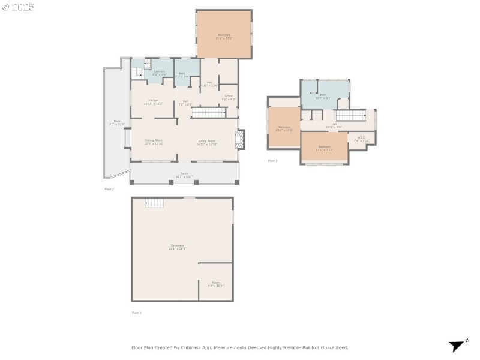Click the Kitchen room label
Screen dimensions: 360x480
pyautogui.click(x=153, y=100)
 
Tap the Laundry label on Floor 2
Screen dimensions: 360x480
pyautogui.click(x=159, y=71)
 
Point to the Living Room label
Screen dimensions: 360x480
pyautogui.click(x=207, y=141)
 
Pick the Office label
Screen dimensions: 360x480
pyautogui.click(x=229, y=96)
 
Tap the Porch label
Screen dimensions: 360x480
pyautogui.click(x=184, y=174)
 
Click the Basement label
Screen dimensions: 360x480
pyautogui.click(x=178, y=245)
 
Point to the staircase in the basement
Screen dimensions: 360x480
pyautogui.click(x=155, y=204)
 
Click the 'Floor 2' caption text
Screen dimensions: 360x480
pyautogui.click(x=109, y=189)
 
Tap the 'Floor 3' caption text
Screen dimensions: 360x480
pyautogui.click(x=273, y=161)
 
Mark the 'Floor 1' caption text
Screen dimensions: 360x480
pyautogui.click(x=137, y=313)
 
